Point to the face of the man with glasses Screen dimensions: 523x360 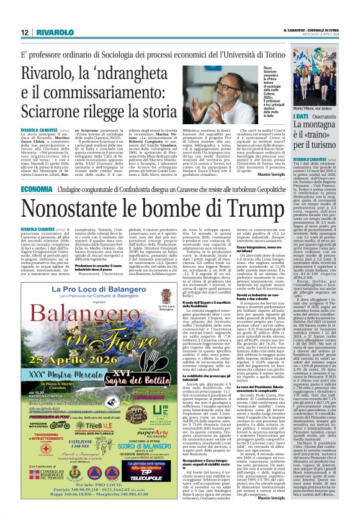pos(249,97)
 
